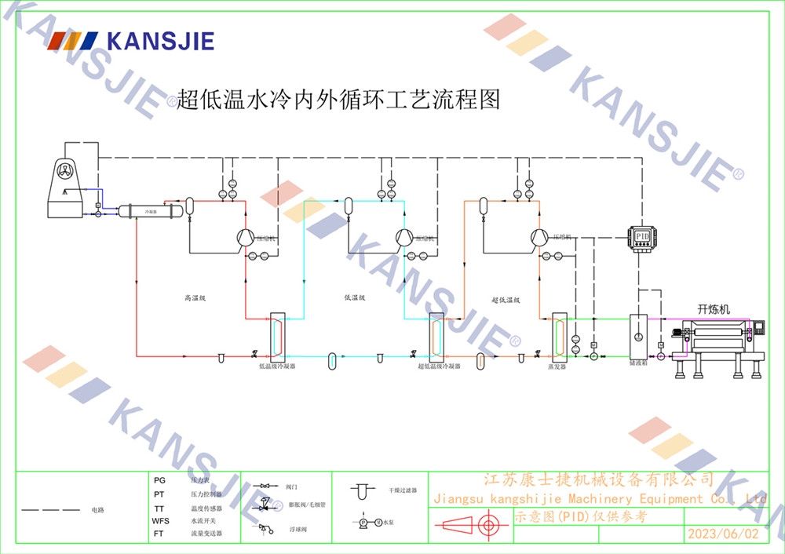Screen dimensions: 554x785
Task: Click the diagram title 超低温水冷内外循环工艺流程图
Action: (338, 100)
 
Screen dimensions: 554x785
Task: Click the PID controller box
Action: (642, 236)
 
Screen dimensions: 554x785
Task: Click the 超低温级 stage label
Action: (506, 300)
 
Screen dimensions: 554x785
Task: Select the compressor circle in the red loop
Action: (246, 237)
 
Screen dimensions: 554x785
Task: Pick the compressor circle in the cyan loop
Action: (403, 237)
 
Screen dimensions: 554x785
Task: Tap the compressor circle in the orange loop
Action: (539, 236)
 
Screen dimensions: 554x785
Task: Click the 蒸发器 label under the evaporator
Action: (557, 366)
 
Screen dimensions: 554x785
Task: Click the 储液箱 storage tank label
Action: (637, 363)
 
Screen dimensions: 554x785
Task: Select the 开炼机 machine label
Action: (714, 309)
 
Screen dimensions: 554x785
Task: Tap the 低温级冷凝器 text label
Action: (277, 366)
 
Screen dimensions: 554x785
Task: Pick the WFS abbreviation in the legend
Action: (160, 521)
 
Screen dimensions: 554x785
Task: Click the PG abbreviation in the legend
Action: (159, 479)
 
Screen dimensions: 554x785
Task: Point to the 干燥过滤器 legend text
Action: (402, 490)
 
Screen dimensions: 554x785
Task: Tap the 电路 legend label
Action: (97, 510)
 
